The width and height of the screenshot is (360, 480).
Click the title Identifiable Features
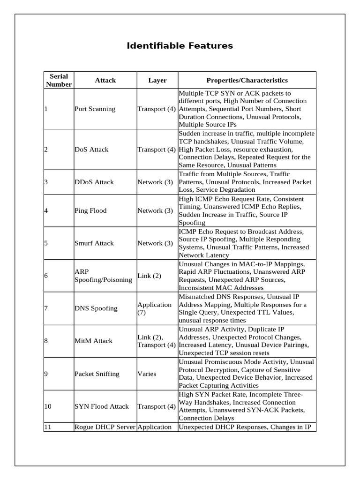(x=180, y=46)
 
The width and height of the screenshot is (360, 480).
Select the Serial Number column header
(x=59, y=80)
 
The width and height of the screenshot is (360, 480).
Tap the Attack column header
(x=105, y=80)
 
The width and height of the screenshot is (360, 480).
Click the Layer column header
(x=157, y=80)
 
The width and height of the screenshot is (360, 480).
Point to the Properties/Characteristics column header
(x=247, y=80)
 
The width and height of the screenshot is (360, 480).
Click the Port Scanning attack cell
(x=95, y=109)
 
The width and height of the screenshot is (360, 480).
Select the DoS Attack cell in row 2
(x=91, y=150)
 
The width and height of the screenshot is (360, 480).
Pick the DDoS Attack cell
(x=94, y=182)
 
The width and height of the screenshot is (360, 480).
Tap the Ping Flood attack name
(x=90, y=210)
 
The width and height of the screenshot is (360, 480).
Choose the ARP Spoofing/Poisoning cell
(x=103, y=276)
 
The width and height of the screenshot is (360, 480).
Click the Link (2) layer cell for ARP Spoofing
(x=149, y=276)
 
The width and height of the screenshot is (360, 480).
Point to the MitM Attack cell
(x=93, y=341)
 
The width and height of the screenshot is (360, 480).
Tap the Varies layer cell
(x=147, y=374)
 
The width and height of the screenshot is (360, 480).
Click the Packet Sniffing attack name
(x=97, y=374)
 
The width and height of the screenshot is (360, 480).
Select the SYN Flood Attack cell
(x=102, y=406)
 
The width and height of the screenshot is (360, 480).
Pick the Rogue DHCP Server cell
(x=105, y=427)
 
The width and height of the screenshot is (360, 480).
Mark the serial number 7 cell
(x=46, y=308)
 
